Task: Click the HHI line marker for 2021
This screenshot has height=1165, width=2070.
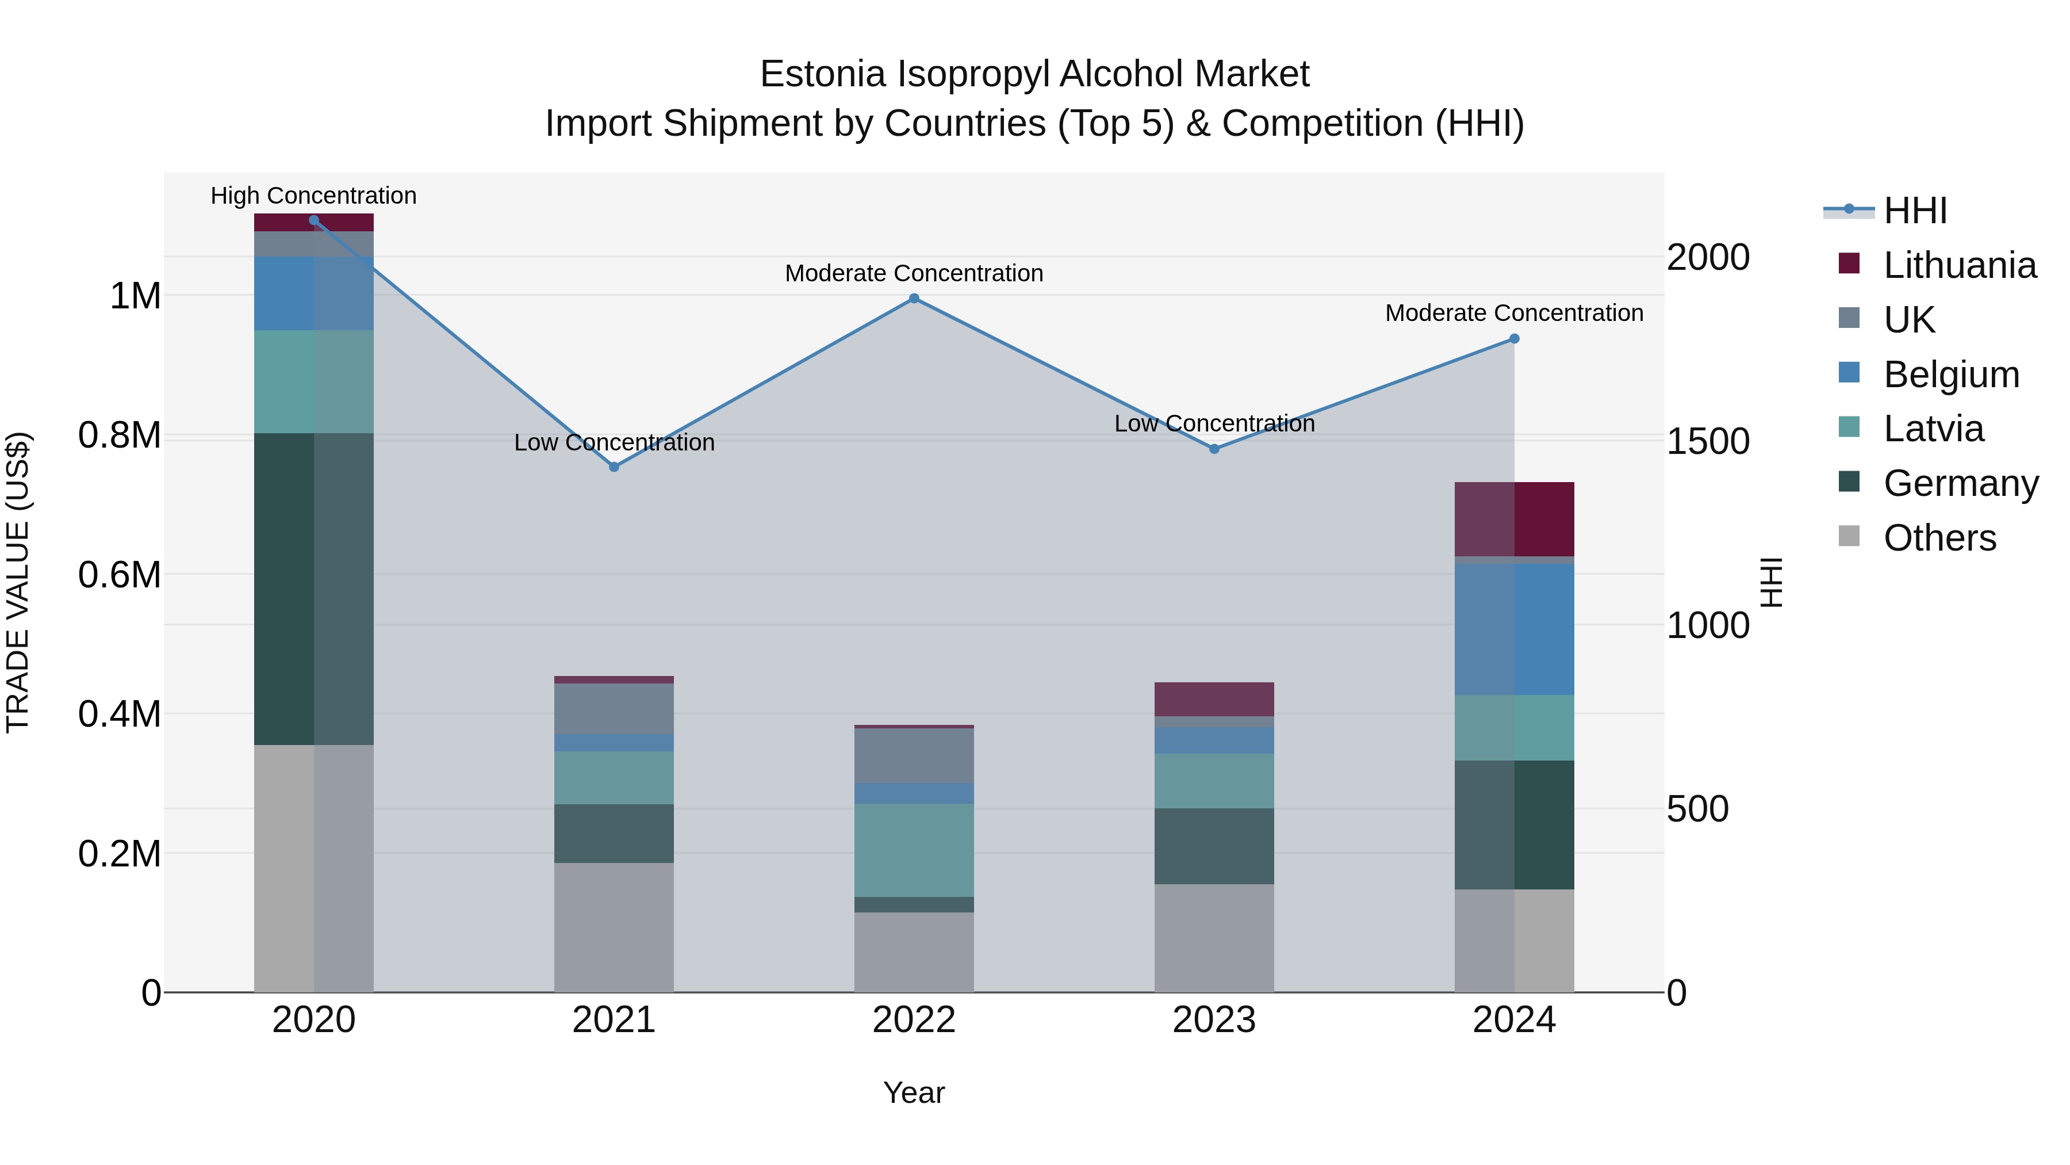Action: point(614,467)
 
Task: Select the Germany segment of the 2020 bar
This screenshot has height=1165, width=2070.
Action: point(313,589)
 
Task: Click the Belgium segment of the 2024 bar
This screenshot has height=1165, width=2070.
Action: point(1514,629)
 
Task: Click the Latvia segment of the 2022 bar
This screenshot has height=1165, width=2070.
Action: point(914,850)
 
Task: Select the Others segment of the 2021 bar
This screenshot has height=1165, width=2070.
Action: point(614,927)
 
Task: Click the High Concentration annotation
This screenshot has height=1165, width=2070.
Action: point(313,196)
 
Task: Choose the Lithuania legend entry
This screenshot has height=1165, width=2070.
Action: point(1959,265)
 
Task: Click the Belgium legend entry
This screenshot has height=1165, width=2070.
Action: point(1950,375)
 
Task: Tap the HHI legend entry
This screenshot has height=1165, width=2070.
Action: point(1914,211)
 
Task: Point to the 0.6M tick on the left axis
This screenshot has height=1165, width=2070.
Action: point(120,575)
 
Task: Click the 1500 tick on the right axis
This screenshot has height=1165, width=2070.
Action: point(1708,441)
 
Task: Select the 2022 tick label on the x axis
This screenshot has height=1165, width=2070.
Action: point(914,1020)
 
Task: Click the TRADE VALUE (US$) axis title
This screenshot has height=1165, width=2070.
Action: point(18,582)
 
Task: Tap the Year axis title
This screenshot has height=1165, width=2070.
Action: point(914,1093)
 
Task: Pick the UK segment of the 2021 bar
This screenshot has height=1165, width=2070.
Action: point(614,708)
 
